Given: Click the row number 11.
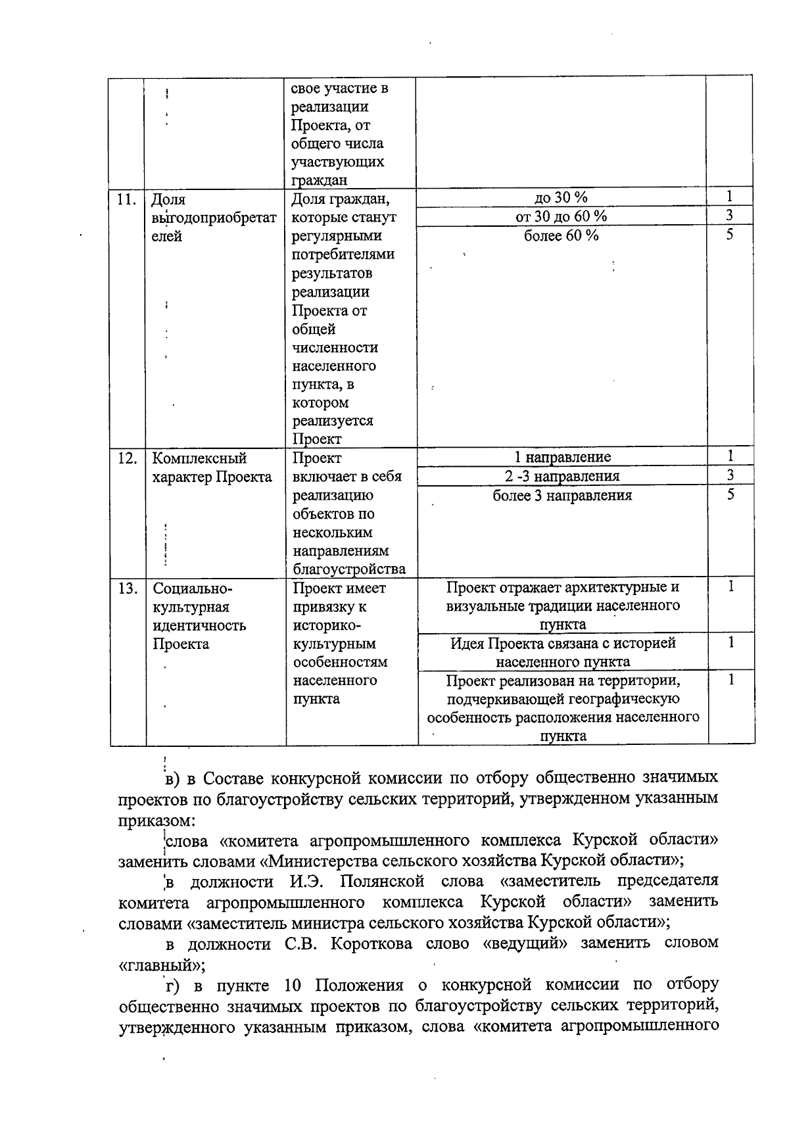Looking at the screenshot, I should (126, 199).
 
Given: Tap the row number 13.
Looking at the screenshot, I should (126, 588).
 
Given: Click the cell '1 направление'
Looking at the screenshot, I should (562, 457).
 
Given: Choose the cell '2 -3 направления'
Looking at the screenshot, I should (562, 476).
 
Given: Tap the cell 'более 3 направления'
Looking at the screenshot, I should (562, 496).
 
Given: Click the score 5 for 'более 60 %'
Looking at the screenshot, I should (730, 235).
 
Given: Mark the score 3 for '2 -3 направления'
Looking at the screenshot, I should (730, 475).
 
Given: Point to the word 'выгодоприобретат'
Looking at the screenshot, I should (214, 218).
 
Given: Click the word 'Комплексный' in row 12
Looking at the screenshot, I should (199, 458).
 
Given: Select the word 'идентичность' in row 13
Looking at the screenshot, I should (199, 625).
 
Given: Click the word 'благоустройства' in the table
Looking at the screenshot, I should (349, 569).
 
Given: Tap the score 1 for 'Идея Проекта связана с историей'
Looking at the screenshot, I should (730, 642).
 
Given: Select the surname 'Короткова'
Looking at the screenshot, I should (371, 944).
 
